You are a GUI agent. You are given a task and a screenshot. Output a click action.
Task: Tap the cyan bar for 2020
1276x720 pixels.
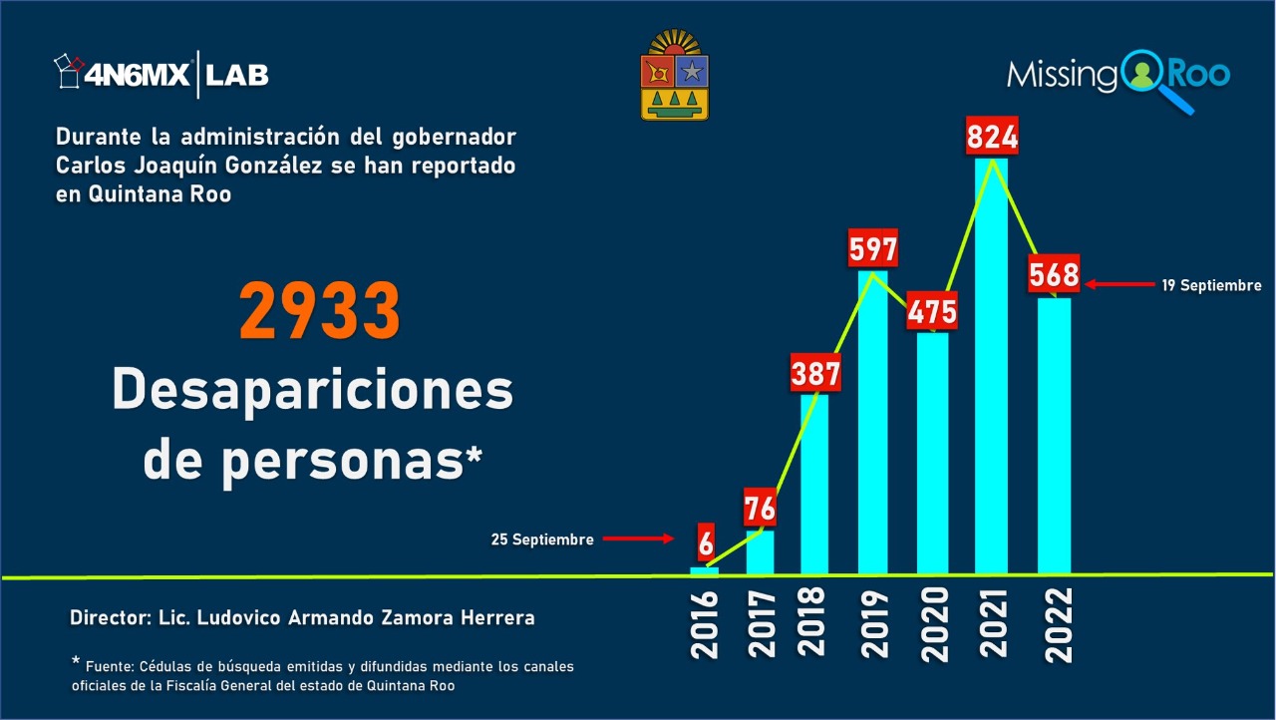tap(933, 454)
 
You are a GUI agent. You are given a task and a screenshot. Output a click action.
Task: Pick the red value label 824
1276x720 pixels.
tap(992, 136)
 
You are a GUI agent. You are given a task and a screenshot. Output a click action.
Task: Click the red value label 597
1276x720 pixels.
tap(873, 248)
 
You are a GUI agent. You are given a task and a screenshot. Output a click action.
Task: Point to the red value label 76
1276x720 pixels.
tap(760, 509)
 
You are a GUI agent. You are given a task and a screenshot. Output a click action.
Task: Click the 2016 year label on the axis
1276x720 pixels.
tap(704, 624)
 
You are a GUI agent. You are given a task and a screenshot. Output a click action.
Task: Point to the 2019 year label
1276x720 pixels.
tap(874, 624)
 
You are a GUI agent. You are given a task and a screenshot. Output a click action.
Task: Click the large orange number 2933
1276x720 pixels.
tap(320, 312)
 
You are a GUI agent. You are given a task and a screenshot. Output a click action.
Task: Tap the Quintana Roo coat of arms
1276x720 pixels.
tap(675, 76)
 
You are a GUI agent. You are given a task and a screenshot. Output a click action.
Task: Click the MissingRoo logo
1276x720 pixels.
tap(1117, 76)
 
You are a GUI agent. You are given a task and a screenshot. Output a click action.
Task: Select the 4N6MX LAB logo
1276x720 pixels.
tap(161, 74)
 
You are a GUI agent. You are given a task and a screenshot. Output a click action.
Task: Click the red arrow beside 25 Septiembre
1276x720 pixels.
tap(639, 539)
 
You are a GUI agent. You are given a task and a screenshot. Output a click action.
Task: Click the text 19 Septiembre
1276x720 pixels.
tap(1211, 286)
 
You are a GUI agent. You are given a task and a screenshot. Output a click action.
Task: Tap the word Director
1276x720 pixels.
tap(110, 618)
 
